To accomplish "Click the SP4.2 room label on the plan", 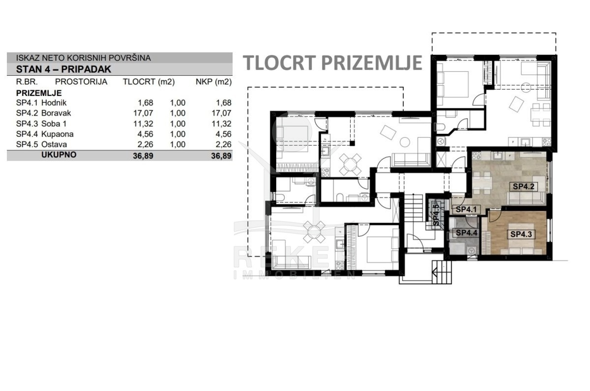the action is click(524, 186).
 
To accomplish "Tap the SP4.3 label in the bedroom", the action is click(521, 234).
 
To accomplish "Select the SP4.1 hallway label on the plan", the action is click(466, 210).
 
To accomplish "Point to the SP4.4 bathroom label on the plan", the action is click(466, 233).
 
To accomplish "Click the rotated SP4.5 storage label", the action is click(436, 214).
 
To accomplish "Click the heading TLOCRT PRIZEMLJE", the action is click(332, 63).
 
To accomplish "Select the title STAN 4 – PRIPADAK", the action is click(64, 69).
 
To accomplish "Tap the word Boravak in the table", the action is click(56, 113).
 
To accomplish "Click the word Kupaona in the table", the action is click(57, 134).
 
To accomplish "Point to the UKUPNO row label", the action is click(59, 155).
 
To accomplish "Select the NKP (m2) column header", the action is click(213, 82).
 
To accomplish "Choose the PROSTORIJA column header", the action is click(81, 82).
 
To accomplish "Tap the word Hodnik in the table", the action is click(54, 103).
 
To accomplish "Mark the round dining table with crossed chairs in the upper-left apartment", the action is click(350, 164).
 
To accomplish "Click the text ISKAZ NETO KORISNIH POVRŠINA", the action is click(83, 58).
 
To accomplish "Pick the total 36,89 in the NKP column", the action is click(221, 156).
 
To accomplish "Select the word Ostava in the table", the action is click(54, 144).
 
